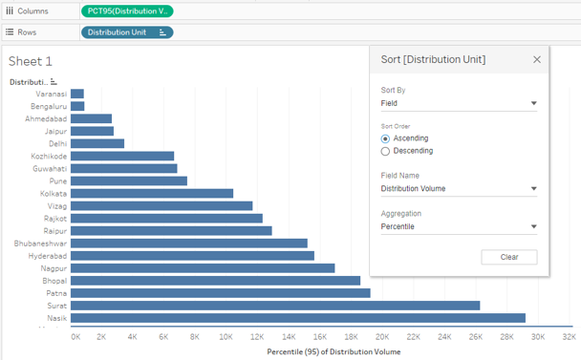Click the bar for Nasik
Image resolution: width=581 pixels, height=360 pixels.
[297, 317]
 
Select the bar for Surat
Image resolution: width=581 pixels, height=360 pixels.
[275, 305]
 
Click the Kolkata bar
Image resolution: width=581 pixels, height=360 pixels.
[152, 193]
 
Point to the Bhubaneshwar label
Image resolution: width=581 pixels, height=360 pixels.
[40, 243]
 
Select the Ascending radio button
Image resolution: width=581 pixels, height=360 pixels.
[385, 138]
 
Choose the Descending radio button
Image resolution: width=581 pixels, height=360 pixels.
[385, 151]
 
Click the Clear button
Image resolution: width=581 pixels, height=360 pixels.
[509, 257]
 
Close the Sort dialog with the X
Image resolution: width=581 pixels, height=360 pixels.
[536, 59]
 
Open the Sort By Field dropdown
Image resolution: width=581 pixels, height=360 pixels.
[458, 103]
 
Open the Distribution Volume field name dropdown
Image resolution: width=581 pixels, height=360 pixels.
[458, 189]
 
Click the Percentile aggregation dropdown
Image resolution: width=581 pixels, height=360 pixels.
[458, 227]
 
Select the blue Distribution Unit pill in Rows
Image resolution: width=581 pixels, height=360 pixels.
[127, 32]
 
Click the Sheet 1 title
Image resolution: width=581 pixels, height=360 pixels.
[31, 61]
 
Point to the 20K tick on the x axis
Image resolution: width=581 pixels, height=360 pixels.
[381, 337]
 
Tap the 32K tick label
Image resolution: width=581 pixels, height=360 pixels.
[568, 337]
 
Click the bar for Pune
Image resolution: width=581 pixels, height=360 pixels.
[129, 180]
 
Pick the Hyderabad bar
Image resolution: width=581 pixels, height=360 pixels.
[192, 255]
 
